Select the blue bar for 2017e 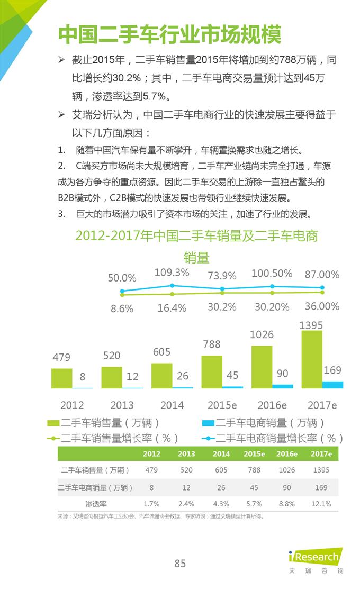tap(332, 385)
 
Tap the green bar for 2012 tap(61, 378)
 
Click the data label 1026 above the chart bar tap(262, 334)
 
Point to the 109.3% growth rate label tap(172, 273)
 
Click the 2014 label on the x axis tap(172, 405)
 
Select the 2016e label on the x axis tap(272, 405)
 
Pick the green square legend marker tap(53, 423)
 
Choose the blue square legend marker tap(208, 423)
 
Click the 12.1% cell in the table tap(321, 504)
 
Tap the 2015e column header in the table tap(254, 454)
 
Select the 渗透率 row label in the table tap(95, 504)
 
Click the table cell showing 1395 tap(321, 470)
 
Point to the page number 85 tap(180, 564)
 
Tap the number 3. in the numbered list tap(62, 214)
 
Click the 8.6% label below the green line tap(122, 309)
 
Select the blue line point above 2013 tap(172, 286)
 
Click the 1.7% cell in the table tap(151, 504)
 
